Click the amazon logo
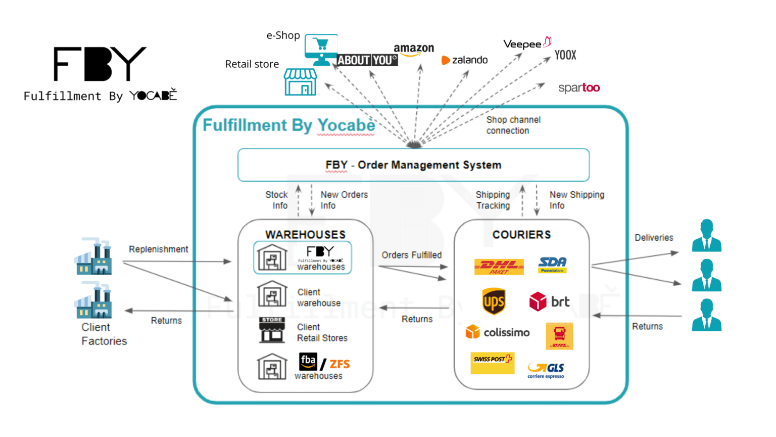click(x=414, y=50)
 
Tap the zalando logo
click(x=465, y=60)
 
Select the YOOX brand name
click(x=565, y=55)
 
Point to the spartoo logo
click(x=579, y=88)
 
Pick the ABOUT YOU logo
click(x=367, y=60)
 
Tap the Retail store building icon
click(x=301, y=82)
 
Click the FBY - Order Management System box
click(x=413, y=165)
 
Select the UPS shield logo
click(x=494, y=301)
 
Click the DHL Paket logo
click(x=499, y=267)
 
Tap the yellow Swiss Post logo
click(x=492, y=363)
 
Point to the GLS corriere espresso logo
click(x=546, y=370)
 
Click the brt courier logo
click(x=549, y=301)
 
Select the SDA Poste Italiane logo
click(x=552, y=265)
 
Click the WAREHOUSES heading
click(x=306, y=235)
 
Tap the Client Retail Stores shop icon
click(x=272, y=330)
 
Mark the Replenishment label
click(x=158, y=249)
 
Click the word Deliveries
click(x=654, y=238)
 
